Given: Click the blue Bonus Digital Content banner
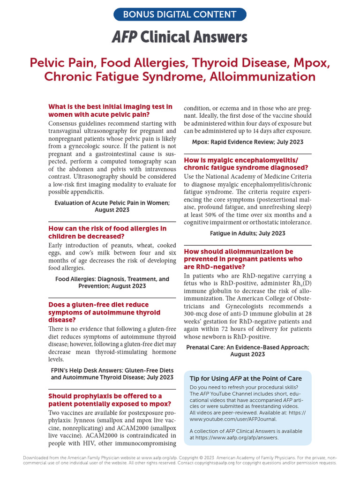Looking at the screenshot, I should pos(180,14).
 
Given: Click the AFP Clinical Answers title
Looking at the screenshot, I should pos(180,37).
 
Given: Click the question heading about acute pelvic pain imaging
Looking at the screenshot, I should pos(110,111).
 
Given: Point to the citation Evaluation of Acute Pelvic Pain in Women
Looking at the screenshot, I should pos(112,206).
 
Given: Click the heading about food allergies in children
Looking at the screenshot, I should pos(107,232).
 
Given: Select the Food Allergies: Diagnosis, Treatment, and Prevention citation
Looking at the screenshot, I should pos(112,282).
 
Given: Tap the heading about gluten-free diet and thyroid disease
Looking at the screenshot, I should pos(105,312).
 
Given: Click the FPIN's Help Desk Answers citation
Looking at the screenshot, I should pos(112,373).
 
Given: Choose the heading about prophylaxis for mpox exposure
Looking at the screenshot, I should pos(105,400).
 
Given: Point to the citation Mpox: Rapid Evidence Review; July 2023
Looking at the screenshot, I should pos(247,142).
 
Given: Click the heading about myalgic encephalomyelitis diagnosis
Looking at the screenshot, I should pos(246,164).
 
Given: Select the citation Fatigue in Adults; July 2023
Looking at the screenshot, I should pos(247,233).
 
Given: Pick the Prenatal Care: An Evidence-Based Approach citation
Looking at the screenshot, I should pos(247,351).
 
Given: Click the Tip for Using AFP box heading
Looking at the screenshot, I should pos(246,378).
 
